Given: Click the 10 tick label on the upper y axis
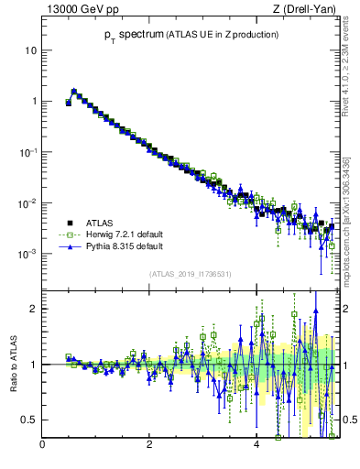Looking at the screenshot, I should (30, 50).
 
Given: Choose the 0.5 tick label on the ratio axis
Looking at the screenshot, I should (27, 420).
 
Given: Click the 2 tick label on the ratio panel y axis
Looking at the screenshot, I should (33, 309).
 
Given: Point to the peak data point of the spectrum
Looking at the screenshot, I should (74, 92).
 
